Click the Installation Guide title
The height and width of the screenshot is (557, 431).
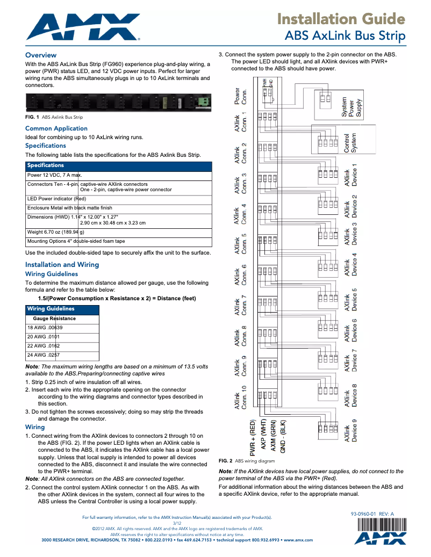pyautogui.click(x=341, y=19)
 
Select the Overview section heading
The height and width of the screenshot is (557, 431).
pyautogui.click(x=41, y=55)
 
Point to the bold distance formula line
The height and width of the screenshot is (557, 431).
pyautogui.click(x=117, y=298)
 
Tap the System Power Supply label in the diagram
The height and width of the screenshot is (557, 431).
pyautogui.click(x=352, y=107)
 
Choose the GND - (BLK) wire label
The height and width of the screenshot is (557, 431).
pyautogui.click(x=283, y=438)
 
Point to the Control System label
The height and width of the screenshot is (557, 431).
pyautogui.click(x=350, y=144)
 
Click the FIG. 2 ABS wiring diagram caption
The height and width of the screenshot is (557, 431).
pyautogui.click(x=246, y=461)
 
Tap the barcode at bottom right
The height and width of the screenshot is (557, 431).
pyautogui.click(x=380, y=525)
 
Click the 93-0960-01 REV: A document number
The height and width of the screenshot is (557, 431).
pyautogui.click(x=372, y=514)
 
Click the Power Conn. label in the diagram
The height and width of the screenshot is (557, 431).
pyautogui.click(x=240, y=97)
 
